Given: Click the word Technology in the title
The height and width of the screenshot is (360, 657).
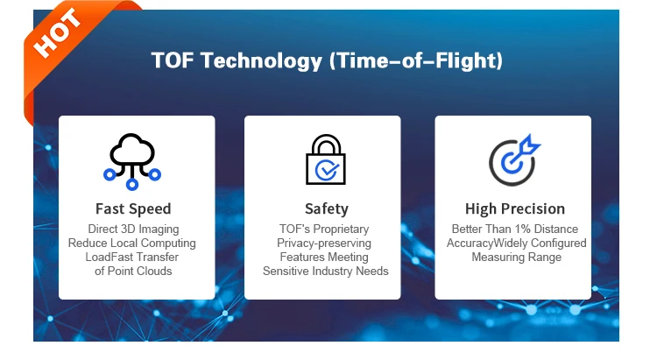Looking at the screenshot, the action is (261, 60).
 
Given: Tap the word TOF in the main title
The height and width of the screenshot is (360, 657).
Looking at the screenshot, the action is (173, 60).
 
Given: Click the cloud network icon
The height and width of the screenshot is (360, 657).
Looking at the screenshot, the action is (132, 161).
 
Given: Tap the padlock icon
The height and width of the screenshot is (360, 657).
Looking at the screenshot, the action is (326, 159).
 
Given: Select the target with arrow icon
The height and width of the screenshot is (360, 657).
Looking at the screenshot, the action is (514, 159).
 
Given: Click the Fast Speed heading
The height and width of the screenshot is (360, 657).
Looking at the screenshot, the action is (133, 208).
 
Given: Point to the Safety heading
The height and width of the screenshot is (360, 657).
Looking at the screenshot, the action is (327, 208).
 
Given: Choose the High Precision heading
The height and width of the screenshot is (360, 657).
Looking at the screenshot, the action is (515, 208).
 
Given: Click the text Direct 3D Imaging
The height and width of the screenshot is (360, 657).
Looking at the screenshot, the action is (133, 229).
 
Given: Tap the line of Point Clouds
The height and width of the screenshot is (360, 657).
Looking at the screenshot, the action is (133, 272).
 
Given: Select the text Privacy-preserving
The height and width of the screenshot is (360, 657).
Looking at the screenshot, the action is (324, 244).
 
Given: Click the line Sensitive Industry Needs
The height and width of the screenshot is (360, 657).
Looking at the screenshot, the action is (326, 272).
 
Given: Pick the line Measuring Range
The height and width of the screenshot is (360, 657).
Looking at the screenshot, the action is (517, 257).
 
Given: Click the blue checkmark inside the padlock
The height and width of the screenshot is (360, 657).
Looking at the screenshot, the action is (328, 170).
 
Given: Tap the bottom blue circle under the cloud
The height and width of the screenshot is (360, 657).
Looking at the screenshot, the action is (132, 184).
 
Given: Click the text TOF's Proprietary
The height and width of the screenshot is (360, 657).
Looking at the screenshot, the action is (324, 229).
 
